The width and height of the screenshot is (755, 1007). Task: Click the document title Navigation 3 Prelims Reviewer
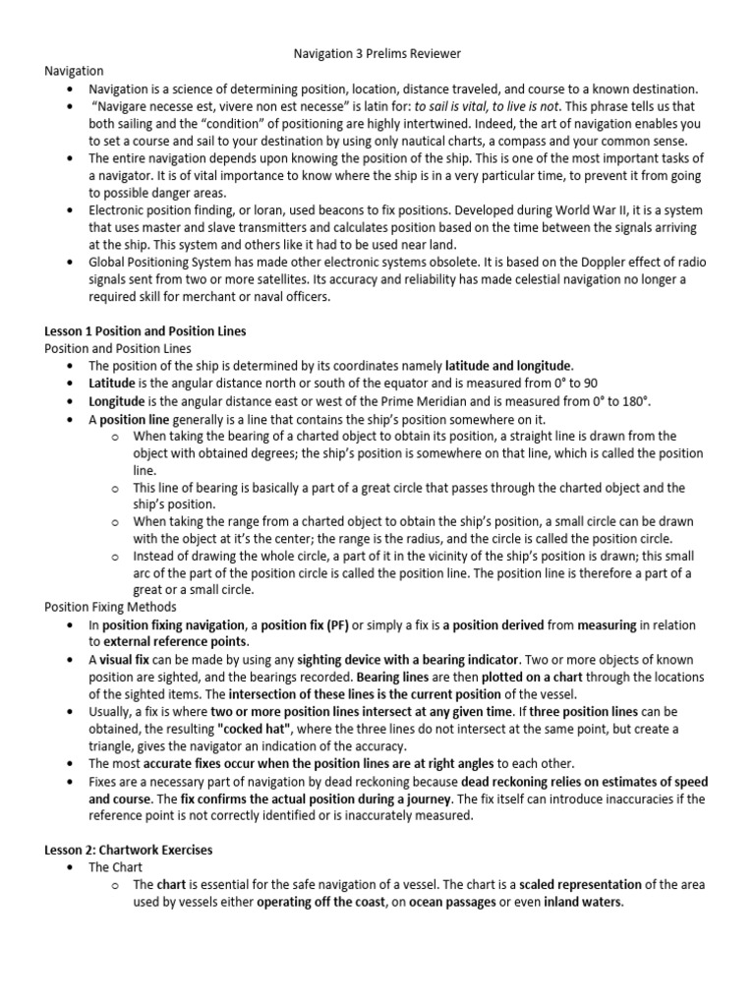pyautogui.click(x=377, y=52)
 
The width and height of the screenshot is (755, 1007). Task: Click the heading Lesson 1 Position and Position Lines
pyautogui.click(x=145, y=331)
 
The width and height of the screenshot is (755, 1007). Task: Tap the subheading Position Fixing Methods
pyautogui.click(x=110, y=607)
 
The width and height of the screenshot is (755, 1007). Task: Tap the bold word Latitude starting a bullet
pyautogui.click(x=112, y=383)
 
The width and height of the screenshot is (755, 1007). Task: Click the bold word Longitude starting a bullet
pyautogui.click(x=117, y=400)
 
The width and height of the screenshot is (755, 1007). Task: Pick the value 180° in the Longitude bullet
pyautogui.click(x=632, y=400)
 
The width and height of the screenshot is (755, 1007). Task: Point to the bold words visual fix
pyautogui.click(x=133, y=659)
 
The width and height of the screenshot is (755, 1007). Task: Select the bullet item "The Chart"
pyautogui.click(x=115, y=867)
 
